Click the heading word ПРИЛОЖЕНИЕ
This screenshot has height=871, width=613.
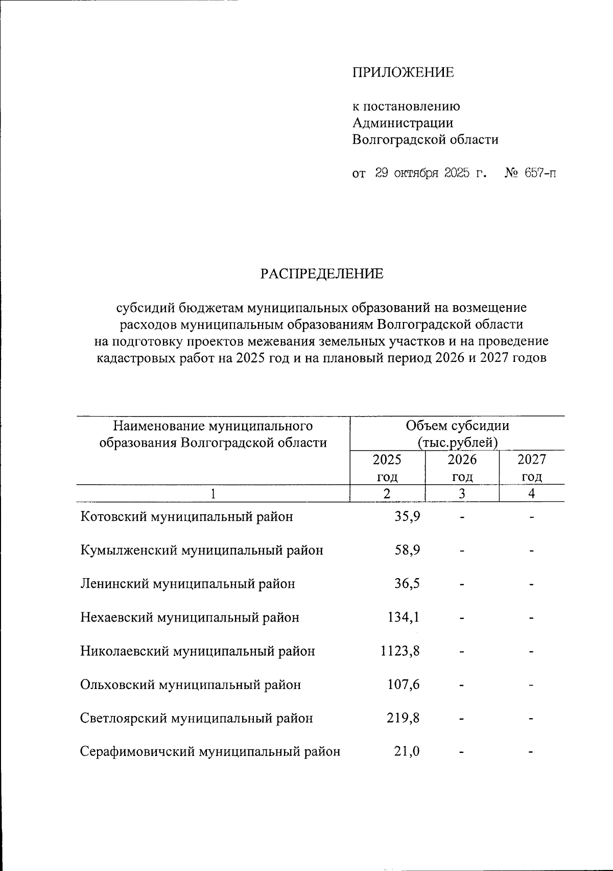point(403,73)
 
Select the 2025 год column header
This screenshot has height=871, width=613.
point(387,468)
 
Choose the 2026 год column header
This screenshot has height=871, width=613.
point(462,468)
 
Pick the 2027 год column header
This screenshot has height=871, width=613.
point(532,468)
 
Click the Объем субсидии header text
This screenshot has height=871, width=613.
point(457,425)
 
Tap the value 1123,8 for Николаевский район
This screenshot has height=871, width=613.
point(400,651)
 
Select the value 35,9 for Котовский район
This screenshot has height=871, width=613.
point(407,517)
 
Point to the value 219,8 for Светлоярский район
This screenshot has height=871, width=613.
point(404,718)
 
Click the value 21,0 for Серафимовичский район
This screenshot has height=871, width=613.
point(407,752)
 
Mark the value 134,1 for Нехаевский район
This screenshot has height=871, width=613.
point(404,617)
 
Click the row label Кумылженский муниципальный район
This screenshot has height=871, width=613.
point(202,551)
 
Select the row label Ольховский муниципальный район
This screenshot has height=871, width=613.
point(191,685)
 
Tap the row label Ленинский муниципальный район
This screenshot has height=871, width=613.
point(187,584)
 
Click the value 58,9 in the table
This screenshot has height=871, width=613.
point(407,551)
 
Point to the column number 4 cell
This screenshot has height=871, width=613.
point(532,494)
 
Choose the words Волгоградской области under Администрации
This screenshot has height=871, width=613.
point(425,139)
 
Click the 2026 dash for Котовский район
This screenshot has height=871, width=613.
point(462,517)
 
